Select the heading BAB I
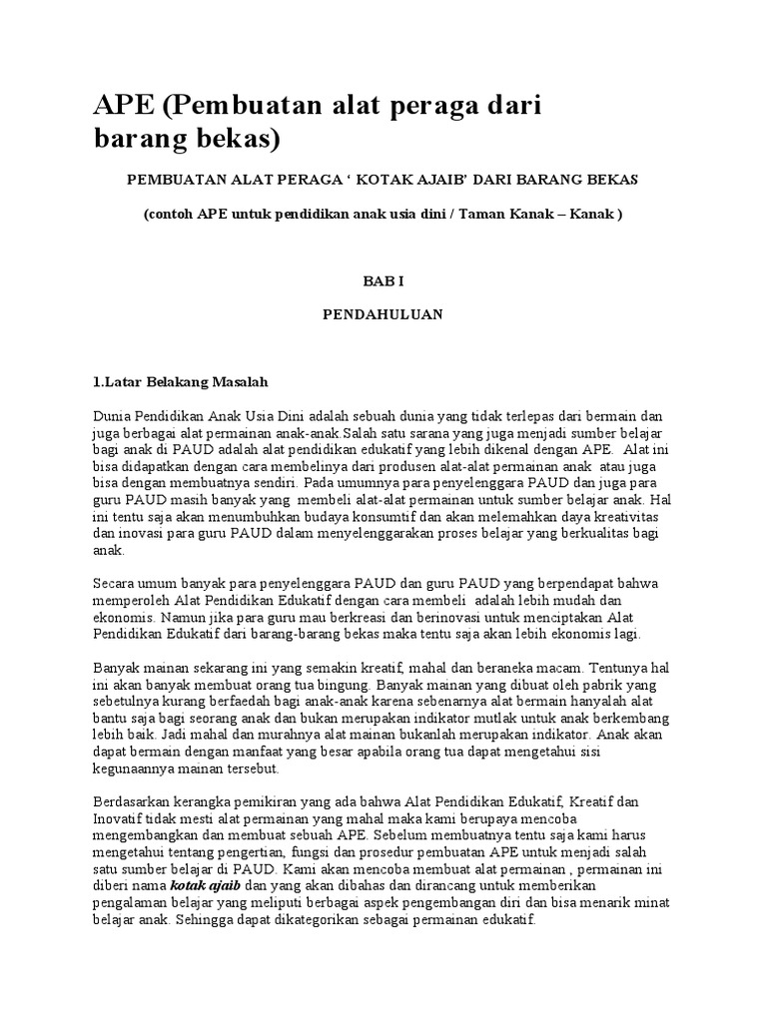(x=383, y=282)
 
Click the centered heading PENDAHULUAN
(x=383, y=313)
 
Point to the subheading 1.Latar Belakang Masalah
(x=181, y=382)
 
